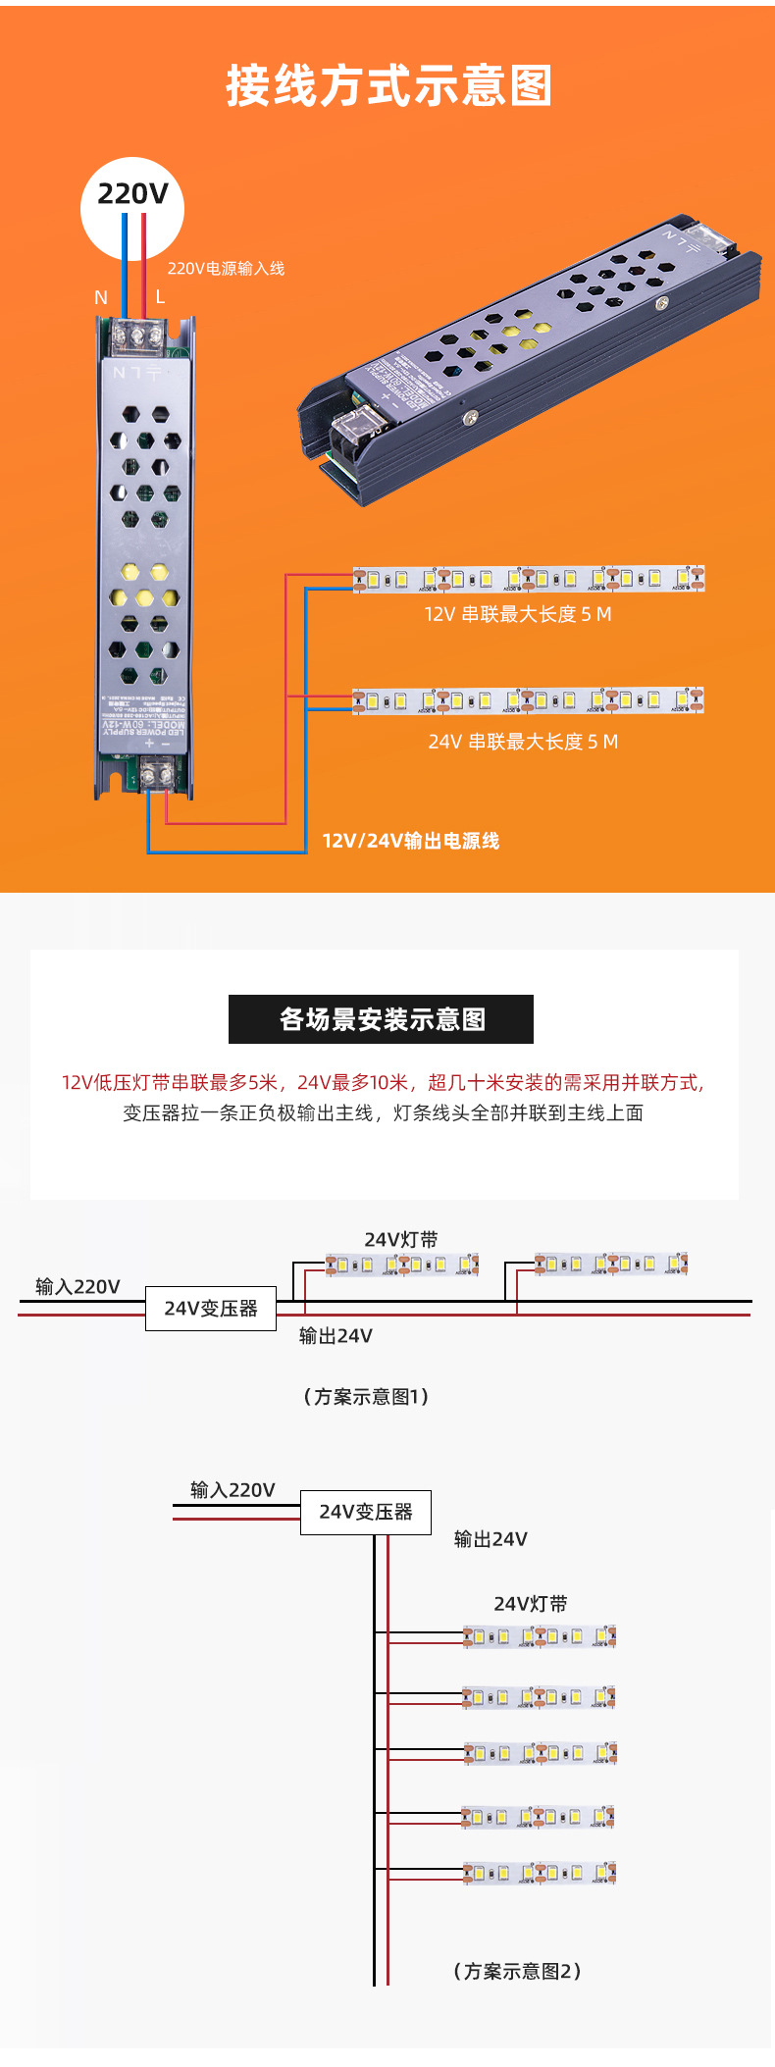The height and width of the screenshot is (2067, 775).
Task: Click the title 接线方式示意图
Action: [x=388, y=86]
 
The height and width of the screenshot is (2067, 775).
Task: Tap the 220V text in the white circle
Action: [x=132, y=194]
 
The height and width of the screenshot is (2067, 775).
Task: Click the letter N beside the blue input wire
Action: [x=101, y=297]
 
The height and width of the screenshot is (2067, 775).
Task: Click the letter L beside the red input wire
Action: [x=160, y=296]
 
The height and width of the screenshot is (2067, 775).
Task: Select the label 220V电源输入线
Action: [x=226, y=269]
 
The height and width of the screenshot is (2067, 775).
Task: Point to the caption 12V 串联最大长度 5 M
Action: [x=517, y=614]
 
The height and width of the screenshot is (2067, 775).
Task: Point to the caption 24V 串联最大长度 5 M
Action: [x=523, y=742]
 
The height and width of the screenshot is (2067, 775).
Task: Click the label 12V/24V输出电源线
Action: [x=410, y=841]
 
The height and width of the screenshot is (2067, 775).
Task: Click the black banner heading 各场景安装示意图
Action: [x=381, y=1019]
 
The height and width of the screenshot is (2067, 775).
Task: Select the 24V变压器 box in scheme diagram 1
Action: [x=211, y=1309]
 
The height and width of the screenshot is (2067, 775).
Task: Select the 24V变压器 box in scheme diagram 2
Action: [x=365, y=1512]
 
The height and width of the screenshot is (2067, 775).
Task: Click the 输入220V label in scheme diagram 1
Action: [x=77, y=1286]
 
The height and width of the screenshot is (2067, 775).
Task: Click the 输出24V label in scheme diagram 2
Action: [x=491, y=1539]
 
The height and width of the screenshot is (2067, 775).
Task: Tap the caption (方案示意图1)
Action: [x=365, y=1396]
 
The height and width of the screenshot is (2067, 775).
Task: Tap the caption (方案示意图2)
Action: [x=517, y=1971]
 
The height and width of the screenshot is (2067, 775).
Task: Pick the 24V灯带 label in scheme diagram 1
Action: [x=401, y=1240]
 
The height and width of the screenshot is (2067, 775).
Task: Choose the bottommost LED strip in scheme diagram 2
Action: [x=540, y=1873]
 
